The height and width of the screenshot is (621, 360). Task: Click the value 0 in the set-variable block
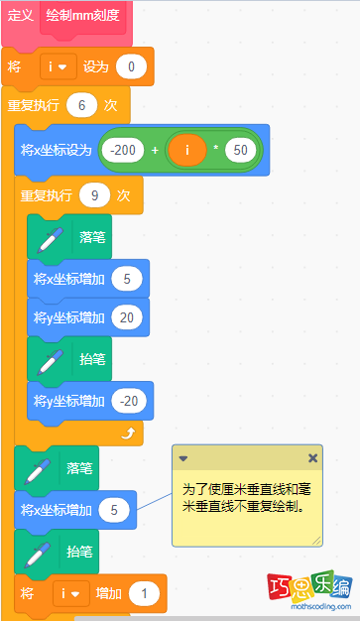tap(131, 67)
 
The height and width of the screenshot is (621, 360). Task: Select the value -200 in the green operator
tap(124, 150)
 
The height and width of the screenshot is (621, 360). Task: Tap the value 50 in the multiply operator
tap(238, 150)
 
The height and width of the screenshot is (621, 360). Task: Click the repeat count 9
tap(95, 195)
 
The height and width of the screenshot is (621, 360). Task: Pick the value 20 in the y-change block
tap(127, 317)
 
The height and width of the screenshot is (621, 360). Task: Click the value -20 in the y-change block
tap(127, 401)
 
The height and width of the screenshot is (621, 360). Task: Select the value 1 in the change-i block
tap(145, 593)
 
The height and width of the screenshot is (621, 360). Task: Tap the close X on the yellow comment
tap(312, 458)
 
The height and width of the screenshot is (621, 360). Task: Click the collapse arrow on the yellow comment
tap(183, 458)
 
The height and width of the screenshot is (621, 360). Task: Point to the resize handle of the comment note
tap(316, 540)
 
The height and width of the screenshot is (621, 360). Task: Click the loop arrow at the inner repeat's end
tap(126, 434)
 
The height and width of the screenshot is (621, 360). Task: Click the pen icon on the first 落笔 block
tap(47, 238)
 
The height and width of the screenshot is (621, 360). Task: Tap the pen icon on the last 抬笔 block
tap(33, 551)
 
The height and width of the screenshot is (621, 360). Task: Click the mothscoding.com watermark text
tap(309, 606)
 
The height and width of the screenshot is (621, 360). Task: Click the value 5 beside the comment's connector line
tap(115, 510)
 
